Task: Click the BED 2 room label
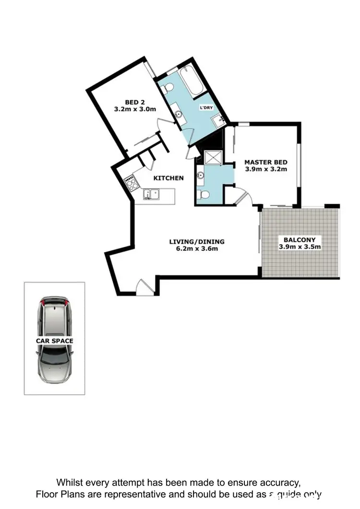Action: [135, 102]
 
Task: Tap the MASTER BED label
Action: [265, 162]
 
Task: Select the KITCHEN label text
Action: [168, 178]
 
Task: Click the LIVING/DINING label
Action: [197, 242]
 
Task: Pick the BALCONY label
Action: [300, 240]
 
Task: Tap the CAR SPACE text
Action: [55, 341]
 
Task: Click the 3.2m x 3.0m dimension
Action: [135, 109]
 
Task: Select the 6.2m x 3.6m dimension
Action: [197, 249]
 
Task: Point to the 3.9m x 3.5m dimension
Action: [300, 247]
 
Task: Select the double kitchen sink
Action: [151, 194]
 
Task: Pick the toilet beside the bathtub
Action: [168, 88]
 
